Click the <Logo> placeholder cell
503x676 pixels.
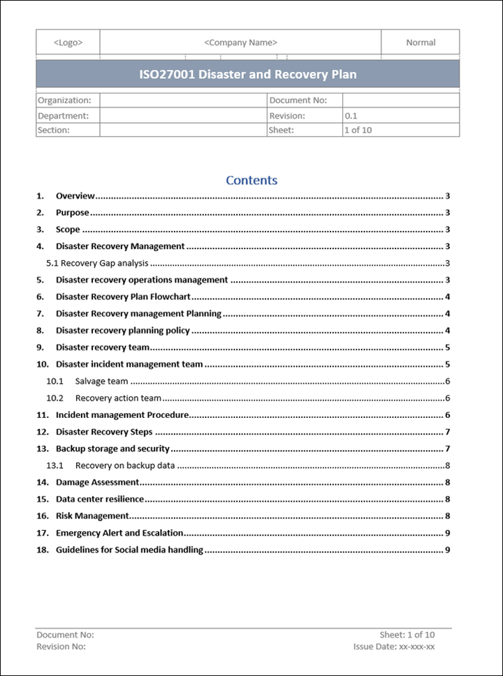coord(68,43)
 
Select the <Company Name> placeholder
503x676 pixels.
coord(240,43)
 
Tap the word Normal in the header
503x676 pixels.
coord(421,43)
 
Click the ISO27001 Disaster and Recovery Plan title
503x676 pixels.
coord(247,75)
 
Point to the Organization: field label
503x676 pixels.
coord(64,100)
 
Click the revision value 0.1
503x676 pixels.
coord(351,116)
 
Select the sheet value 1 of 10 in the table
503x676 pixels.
coord(358,130)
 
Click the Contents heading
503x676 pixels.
coord(251,180)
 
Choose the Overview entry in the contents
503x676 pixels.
coord(75,196)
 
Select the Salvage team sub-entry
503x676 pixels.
coord(101,381)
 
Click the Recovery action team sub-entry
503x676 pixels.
coord(118,398)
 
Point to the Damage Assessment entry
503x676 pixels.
coord(97,482)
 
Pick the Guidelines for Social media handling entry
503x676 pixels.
coord(129,550)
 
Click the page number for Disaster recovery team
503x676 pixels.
coord(447,347)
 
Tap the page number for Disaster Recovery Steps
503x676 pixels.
coord(447,432)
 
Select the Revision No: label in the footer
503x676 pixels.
coord(61,647)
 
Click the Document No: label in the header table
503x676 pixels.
coord(298,100)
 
